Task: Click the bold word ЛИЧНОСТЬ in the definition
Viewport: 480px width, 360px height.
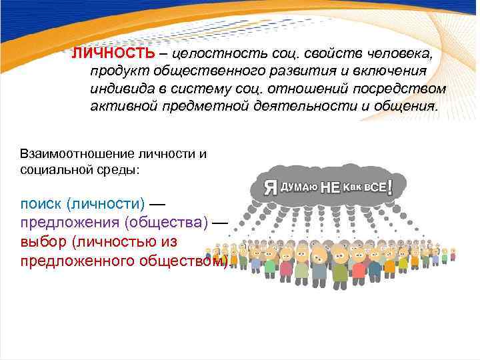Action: pyautogui.click(x=114, y=53)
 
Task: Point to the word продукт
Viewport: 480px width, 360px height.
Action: pyautogui.click(x=119, y=71)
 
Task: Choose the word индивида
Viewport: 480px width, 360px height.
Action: pyautogui.click(x=122, y=89)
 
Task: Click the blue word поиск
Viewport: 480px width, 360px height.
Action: pyautogui.click(x=40, y=203)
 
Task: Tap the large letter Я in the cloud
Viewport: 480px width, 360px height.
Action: pyautogui.click(x=271, y=187)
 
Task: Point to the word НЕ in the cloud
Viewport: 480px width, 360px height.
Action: pyautogui.click(x=331, y=187)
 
